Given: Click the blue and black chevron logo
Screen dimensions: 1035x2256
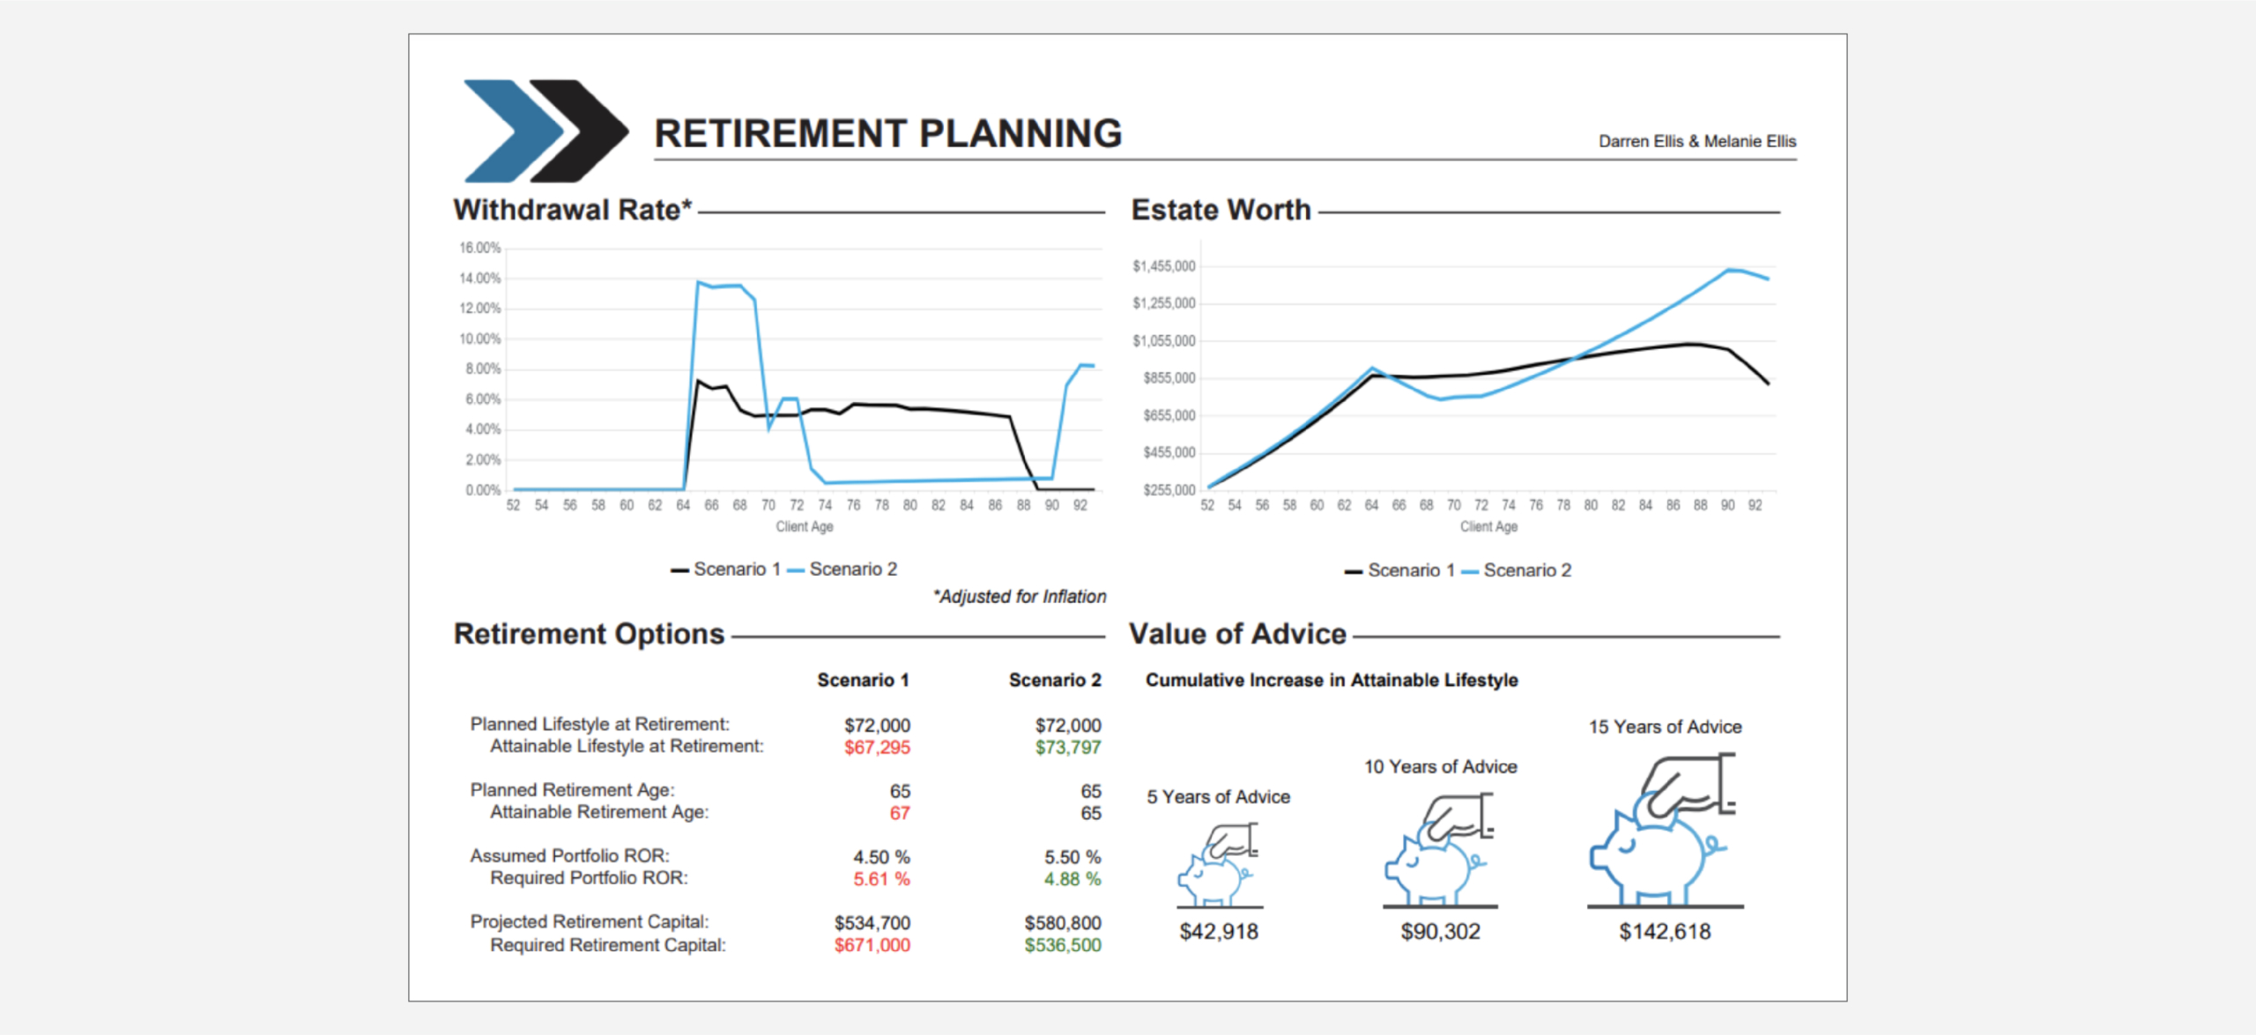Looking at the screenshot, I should tap(545, 130).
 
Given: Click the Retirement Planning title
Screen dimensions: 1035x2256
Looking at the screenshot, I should tap(887, 134).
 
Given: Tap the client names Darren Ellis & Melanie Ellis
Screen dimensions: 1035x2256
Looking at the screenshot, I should tap(1696, 141).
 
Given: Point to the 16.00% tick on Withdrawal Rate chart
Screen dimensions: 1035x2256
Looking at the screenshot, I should tap(479, 249).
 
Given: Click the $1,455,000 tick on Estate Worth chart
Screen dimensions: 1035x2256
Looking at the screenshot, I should tap(1163, 266).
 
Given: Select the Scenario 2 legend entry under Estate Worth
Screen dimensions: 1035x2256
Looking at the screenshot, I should tap(1518, 570).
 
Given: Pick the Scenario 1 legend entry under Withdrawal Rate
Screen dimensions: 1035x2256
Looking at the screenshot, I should tap(727, 570).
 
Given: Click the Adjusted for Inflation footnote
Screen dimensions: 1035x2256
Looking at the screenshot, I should tap(1020, 597).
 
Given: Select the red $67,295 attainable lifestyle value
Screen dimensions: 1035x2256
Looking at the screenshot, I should tap(877, 748).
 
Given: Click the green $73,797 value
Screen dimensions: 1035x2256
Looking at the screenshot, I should tap(1068, 748).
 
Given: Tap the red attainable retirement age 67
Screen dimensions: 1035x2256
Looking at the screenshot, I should tap(899, 813).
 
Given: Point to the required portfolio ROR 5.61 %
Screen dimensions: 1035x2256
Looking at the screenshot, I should tap(881, 879).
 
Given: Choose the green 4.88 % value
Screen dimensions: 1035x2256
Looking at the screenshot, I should tap(1072, 879).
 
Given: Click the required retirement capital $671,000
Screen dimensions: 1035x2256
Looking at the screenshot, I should tap(872, 945).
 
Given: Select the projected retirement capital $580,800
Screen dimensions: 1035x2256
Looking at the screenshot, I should tap(1063, 923).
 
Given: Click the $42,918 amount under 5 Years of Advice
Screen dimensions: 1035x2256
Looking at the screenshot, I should tap(1219, 932).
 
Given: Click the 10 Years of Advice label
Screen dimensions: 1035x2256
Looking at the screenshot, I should tap(1441, 767).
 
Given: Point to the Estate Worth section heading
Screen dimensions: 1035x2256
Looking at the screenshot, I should tap(1221, 210).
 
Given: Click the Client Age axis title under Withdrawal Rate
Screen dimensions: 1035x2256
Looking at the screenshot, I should tap(804, 526).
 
